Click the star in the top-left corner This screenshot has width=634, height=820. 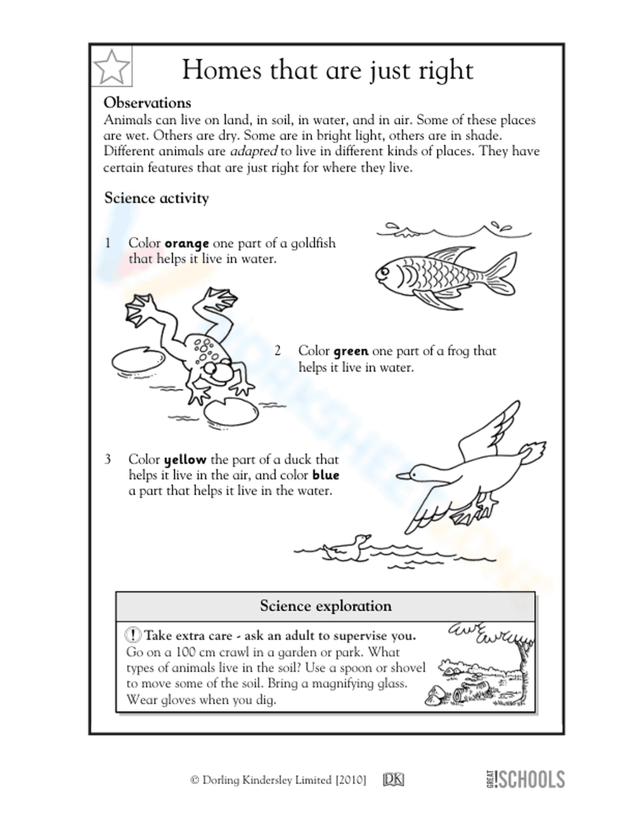[x=112, y=67]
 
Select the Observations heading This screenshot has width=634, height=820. [x=147, y=103]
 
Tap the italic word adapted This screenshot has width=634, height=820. [x=253, y=151]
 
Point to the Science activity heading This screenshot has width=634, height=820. [x=156, y=198]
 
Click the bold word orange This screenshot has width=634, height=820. [x=186, y=243]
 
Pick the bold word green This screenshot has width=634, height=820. [x=351, y=351]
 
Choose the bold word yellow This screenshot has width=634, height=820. [x=184, y=460]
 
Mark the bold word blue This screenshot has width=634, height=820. [x=325, y=475]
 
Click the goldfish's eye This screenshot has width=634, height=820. [x=384, y=271]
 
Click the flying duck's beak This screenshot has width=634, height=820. [x=404, y=475]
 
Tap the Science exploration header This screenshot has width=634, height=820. [x=325, y=606]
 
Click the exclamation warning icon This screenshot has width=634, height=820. [x=133, y=634]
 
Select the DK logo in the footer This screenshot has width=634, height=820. [x=394, y=780]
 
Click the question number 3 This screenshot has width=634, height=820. [x=108, y=459]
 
